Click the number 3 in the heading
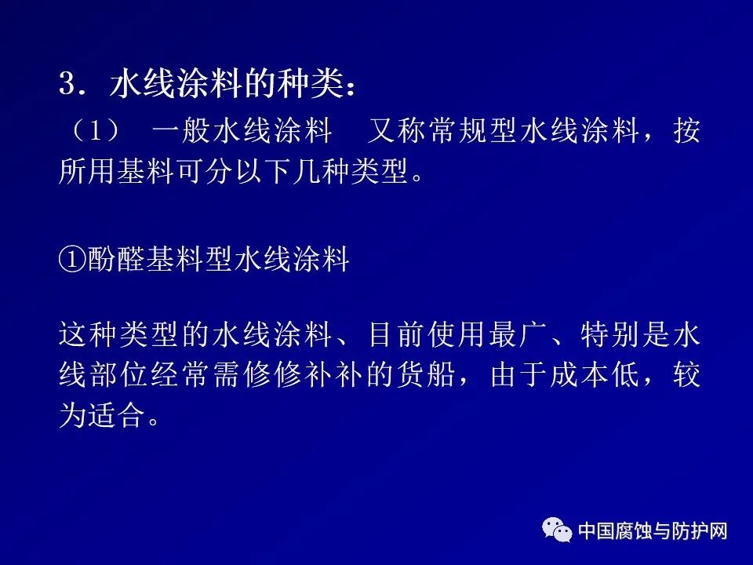(67, 84)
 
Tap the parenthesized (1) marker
(96, 130)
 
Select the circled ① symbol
(72, 260)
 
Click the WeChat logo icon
(557, 530)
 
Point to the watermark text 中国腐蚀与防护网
(653, 531)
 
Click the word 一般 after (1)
(181, 130)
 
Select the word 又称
(398, 130)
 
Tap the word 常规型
(473, 130)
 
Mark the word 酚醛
(117, 260)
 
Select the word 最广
(519, 334)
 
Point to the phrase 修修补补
(304, 374)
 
